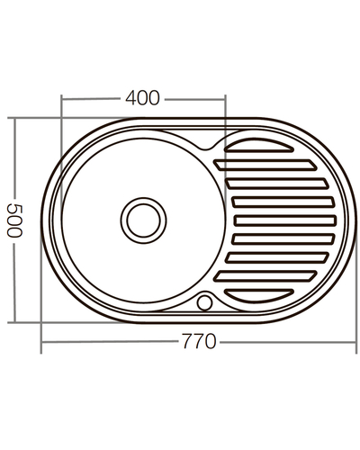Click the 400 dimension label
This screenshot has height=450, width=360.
144,98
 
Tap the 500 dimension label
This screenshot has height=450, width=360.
13,219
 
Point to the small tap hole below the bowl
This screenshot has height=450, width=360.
205,301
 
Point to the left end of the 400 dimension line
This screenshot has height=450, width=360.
61,98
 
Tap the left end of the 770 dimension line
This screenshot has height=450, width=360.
41,343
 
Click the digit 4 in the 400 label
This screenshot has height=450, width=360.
132,98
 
